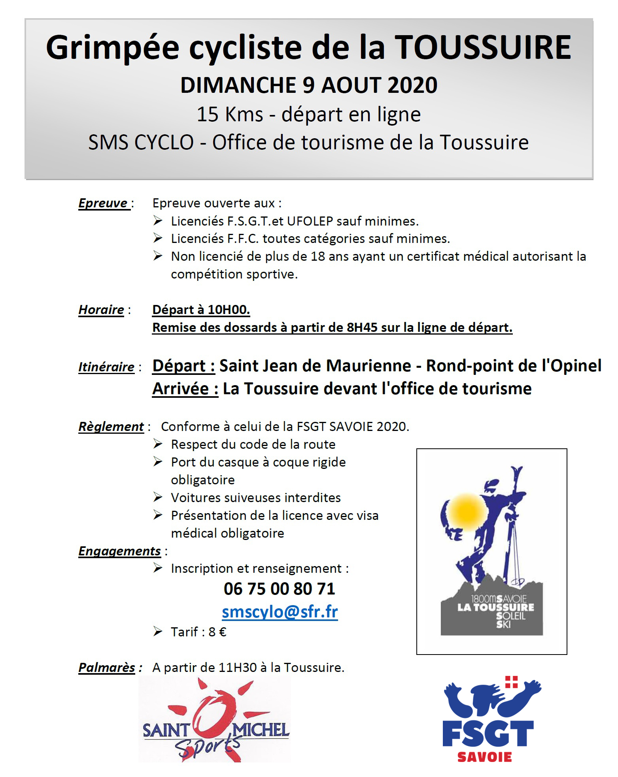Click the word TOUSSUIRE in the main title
pos(483,48)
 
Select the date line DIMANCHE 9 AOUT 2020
pos(309,85)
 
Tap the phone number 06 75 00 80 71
pos(279,589)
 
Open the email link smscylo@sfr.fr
pos(280,612)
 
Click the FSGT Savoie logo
pos(490,719)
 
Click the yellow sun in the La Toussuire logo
pos(467,512)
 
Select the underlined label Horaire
pos(102,310)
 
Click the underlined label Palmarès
pos(107,668)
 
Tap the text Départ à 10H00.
pos(201,310)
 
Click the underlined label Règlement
pos(111,427)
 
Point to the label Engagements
pos(119,551)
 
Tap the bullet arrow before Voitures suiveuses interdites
pos(158,497)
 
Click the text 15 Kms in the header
pos(230,115)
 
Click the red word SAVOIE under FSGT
pos(484,757)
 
